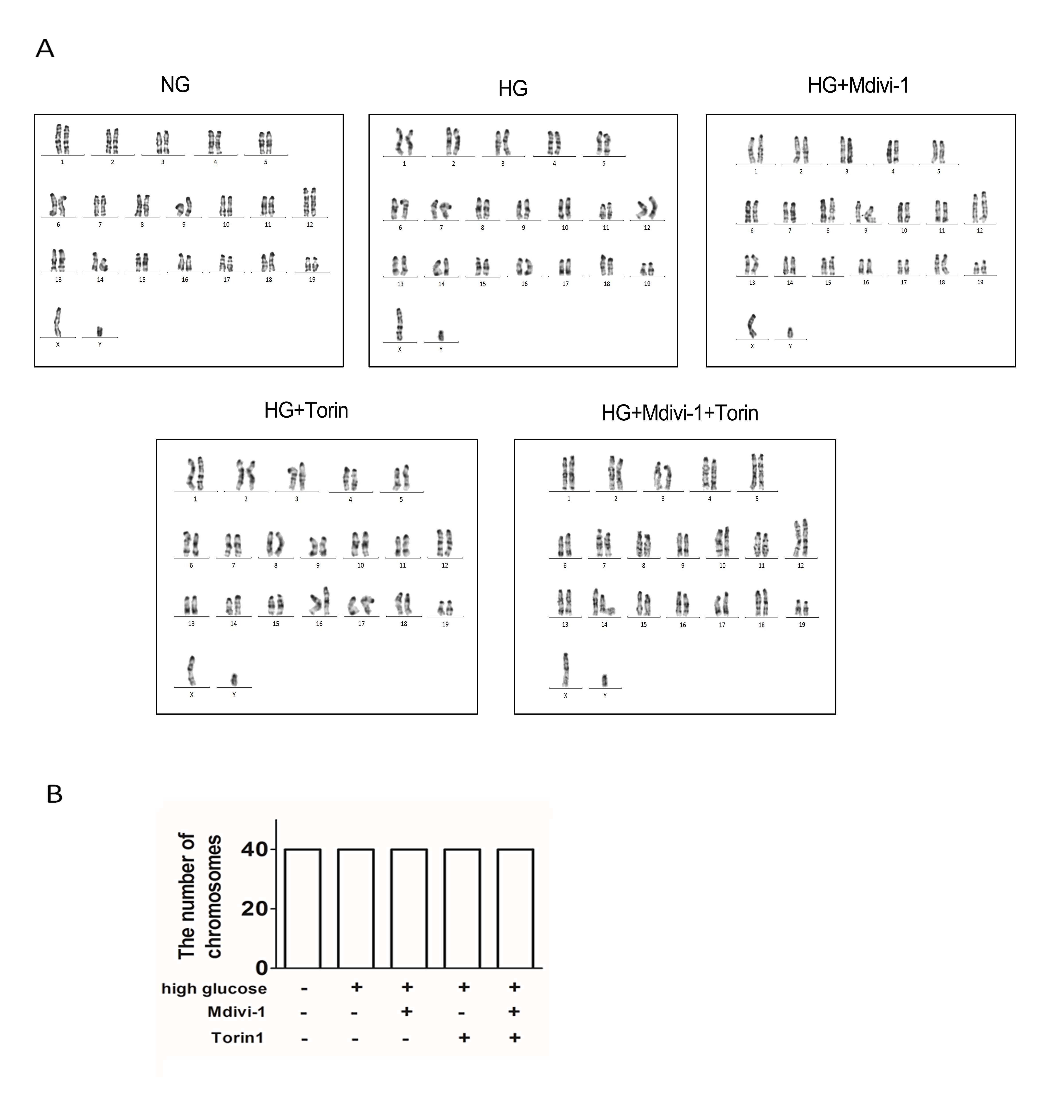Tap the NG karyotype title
[175, 85]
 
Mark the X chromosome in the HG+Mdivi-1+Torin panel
[565, 670]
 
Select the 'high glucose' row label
[214, 989]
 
